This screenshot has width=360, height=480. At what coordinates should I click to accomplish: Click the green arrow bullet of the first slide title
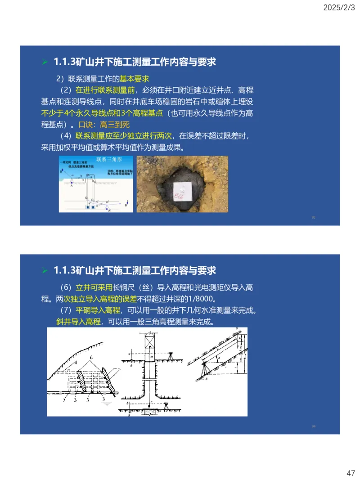[x=45, y=62]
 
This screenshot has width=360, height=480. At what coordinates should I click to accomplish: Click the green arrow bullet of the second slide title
[x=45, y=270]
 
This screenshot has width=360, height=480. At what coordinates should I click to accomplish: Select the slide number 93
[x=313, y=217]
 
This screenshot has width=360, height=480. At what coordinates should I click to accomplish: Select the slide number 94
[x=313, y=426]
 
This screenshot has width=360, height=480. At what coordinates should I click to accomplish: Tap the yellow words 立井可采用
[x=94, y=287]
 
